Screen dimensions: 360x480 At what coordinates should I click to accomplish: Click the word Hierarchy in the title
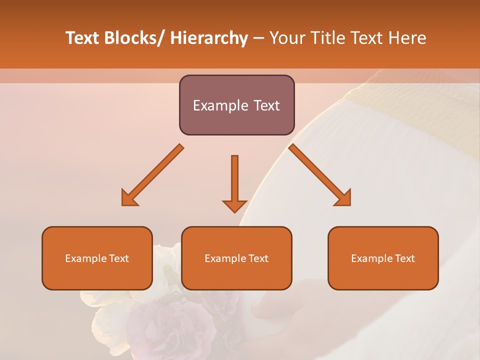[209, 38]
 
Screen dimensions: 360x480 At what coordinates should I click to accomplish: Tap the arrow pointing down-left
[152, 175]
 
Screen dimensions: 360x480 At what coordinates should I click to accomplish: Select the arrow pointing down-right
[320, 175]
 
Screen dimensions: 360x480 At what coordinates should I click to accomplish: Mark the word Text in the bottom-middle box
[258, 258]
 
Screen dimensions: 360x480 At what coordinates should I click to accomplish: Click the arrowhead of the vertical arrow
[234, 205]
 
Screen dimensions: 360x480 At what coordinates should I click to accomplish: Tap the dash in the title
[258, 38]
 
